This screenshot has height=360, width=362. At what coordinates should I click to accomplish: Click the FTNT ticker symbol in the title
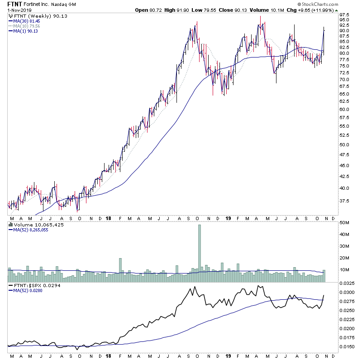(x=16, y=4)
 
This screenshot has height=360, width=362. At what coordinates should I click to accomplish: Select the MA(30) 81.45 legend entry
(x=27, y=21)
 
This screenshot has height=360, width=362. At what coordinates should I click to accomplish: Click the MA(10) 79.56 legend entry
(x=27, y=26)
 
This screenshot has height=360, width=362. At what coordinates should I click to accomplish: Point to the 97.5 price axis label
(x=346, y=14)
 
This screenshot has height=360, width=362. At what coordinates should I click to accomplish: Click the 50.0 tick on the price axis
(x=346, y=145)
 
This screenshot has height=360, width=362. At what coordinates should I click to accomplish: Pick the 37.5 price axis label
(x=346, y=201)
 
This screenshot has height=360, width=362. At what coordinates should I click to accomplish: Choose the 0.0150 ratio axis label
(x=348, y=346)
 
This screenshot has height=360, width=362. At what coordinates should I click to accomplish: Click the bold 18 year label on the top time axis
(x=108, y=217)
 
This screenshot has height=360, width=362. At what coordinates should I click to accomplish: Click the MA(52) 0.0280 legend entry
(x=27, y=291)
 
